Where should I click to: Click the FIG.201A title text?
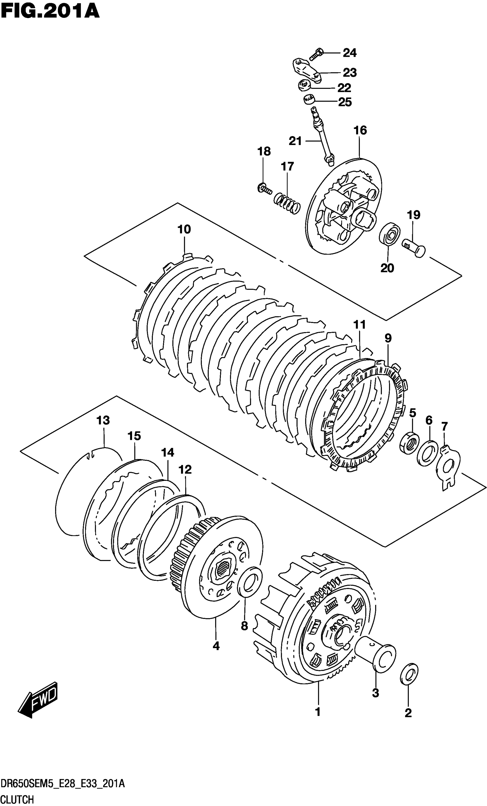click(x=50, y=12)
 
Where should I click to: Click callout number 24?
click(x=349, y=53)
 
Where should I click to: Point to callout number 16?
click(x=360, y=131)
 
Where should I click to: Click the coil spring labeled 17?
click(x=287, y=203)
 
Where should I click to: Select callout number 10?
click(x=184, y=229)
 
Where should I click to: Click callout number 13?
click(x=103, y=420)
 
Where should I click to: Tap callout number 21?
click(x=295, y=141)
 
